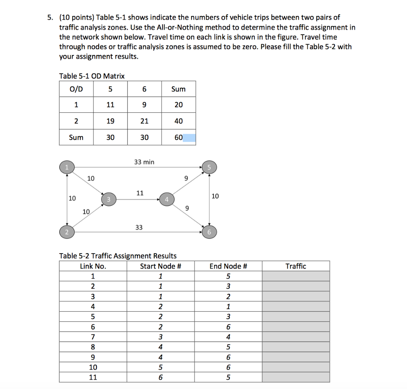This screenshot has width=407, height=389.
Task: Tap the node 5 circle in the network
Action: [x=209, y=167]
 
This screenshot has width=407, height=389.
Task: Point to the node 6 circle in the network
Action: [x=209, y=232]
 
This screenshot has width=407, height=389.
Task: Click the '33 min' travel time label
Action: [x=145, y=162]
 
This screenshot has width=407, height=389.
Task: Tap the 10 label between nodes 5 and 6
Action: [x=215, y=196]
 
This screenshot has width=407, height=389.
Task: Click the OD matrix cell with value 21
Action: [x=144, y=121]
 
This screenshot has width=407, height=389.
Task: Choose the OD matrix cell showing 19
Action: [x=110, y=121]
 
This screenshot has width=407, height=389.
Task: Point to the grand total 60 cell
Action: [x=178, y=137]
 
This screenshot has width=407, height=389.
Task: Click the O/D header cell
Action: [x=76, y=89]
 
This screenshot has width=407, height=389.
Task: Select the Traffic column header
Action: [x=296, y=266]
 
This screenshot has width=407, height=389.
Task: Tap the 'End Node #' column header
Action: [x=228, y=266]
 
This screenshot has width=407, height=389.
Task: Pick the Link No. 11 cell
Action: [x=93, y=377]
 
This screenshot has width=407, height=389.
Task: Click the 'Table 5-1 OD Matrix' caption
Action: [x=92, y=76]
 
